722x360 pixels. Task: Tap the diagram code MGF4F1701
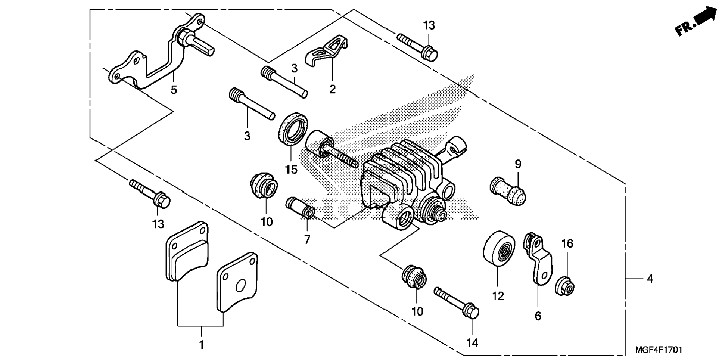tap(659, 350)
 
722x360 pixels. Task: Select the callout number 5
tap(174, 90)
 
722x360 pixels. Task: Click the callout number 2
tap(332, 89)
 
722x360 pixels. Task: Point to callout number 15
tap(292, 170)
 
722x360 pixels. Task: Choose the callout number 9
tap(518, 164)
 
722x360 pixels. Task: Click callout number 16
tap(567, 244)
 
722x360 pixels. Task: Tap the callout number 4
tap(650, 279)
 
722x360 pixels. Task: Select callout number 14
tap(472, 343)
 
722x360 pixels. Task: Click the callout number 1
tap(202, 345)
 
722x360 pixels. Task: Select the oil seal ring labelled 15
tap(293, 128)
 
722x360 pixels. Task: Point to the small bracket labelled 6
tap(538, 258)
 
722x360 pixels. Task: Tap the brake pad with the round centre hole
tap(237, 282)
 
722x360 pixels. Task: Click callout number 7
tap(307, 239)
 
